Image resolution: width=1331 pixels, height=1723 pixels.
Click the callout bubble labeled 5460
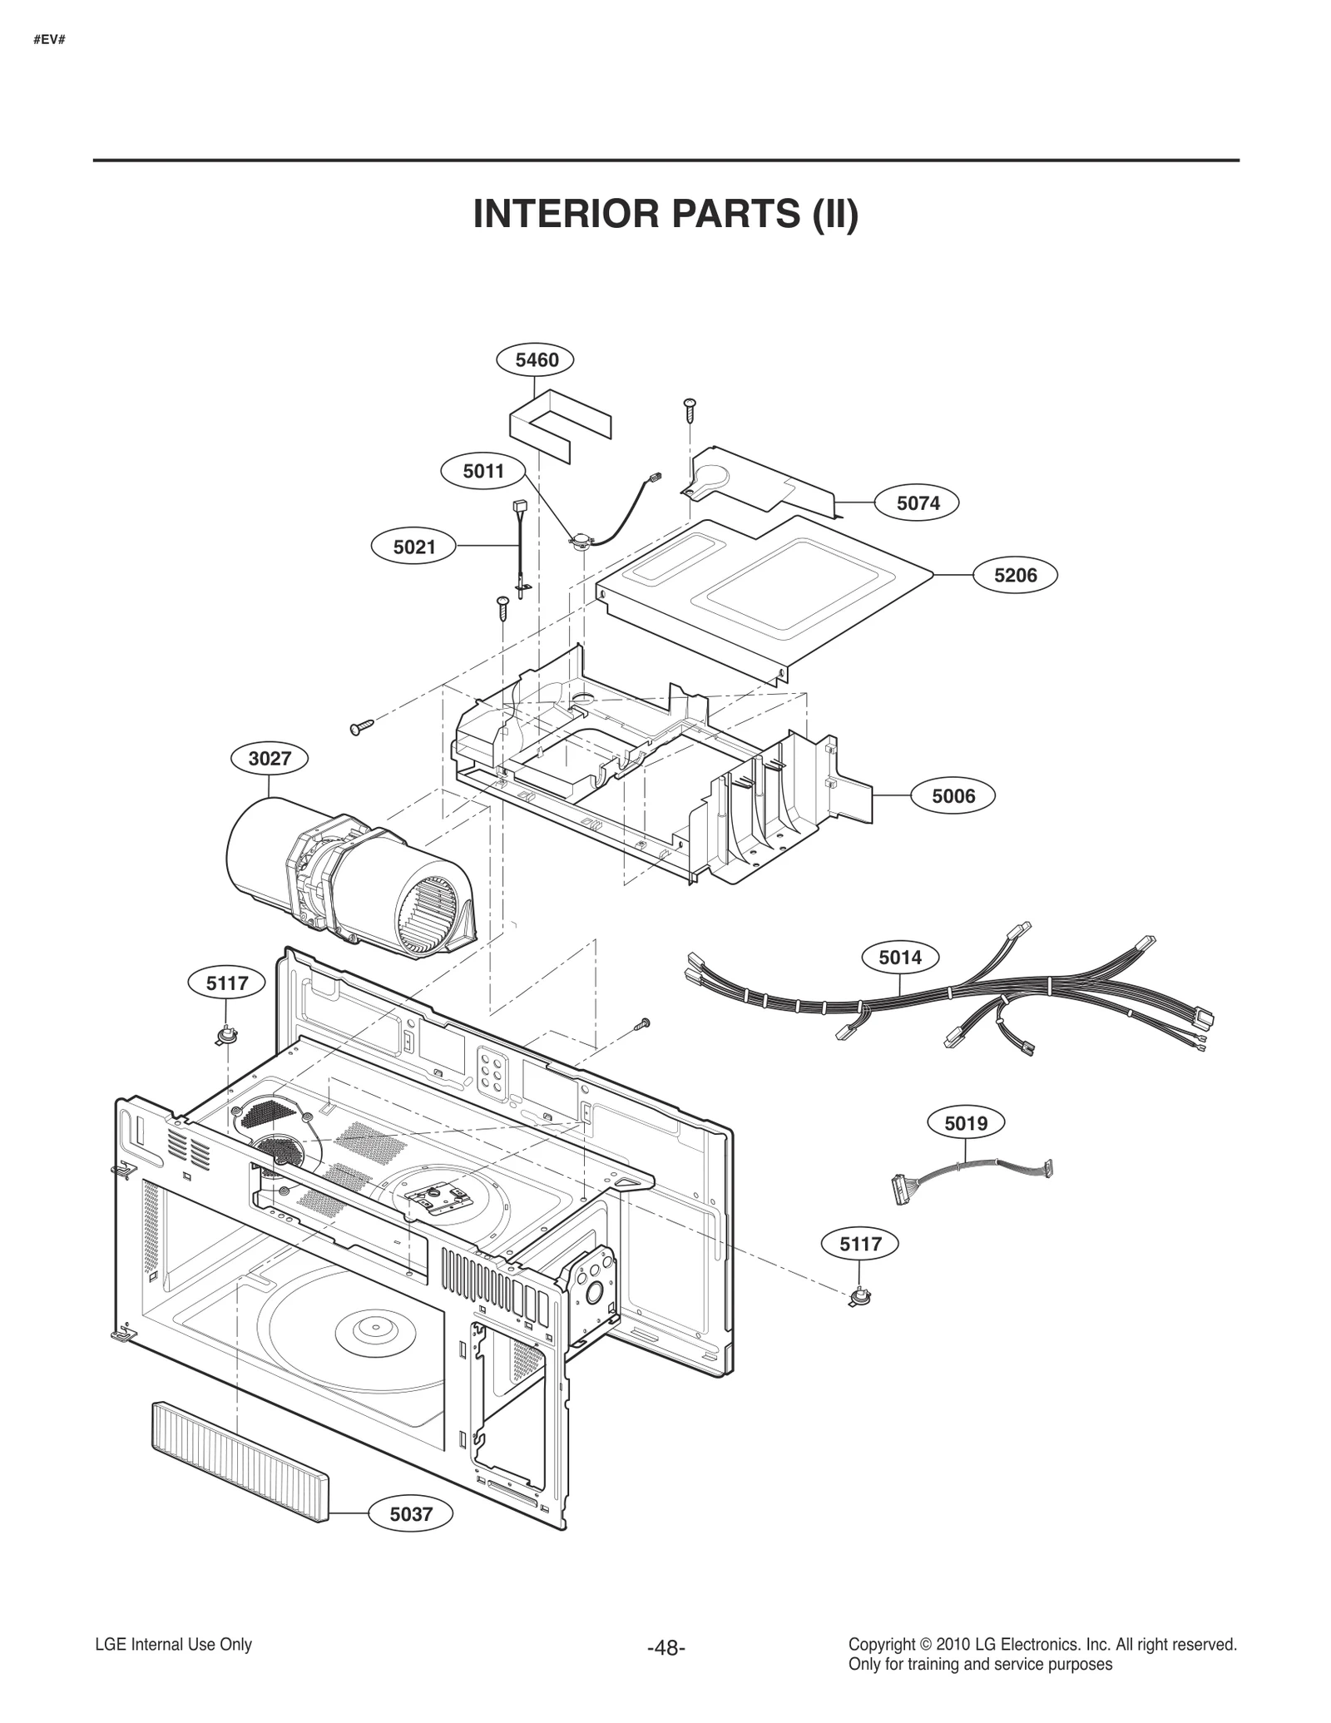coord(537,360)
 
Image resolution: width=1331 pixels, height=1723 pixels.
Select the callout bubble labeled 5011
coord(483,472)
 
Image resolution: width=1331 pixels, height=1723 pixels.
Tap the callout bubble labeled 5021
coord(414,547)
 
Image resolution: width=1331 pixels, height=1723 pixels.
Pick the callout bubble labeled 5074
coord(918,503)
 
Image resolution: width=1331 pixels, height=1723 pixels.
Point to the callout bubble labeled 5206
coord(1015,575)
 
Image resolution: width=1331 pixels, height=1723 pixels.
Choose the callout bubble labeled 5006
coord(953,796)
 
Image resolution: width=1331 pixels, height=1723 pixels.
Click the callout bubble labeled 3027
coord(270,759)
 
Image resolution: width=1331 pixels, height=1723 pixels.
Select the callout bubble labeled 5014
coord(900,958)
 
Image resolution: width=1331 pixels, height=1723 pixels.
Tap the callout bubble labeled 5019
coord(966,1124)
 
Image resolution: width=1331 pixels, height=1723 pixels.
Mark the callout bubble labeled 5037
coord(412,1514)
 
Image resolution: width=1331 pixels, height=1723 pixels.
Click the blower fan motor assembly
coord(349,874)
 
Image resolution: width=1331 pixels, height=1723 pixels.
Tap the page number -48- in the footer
coord(665,1648)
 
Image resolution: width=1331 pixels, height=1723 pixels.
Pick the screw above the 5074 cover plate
coord(690,408)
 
